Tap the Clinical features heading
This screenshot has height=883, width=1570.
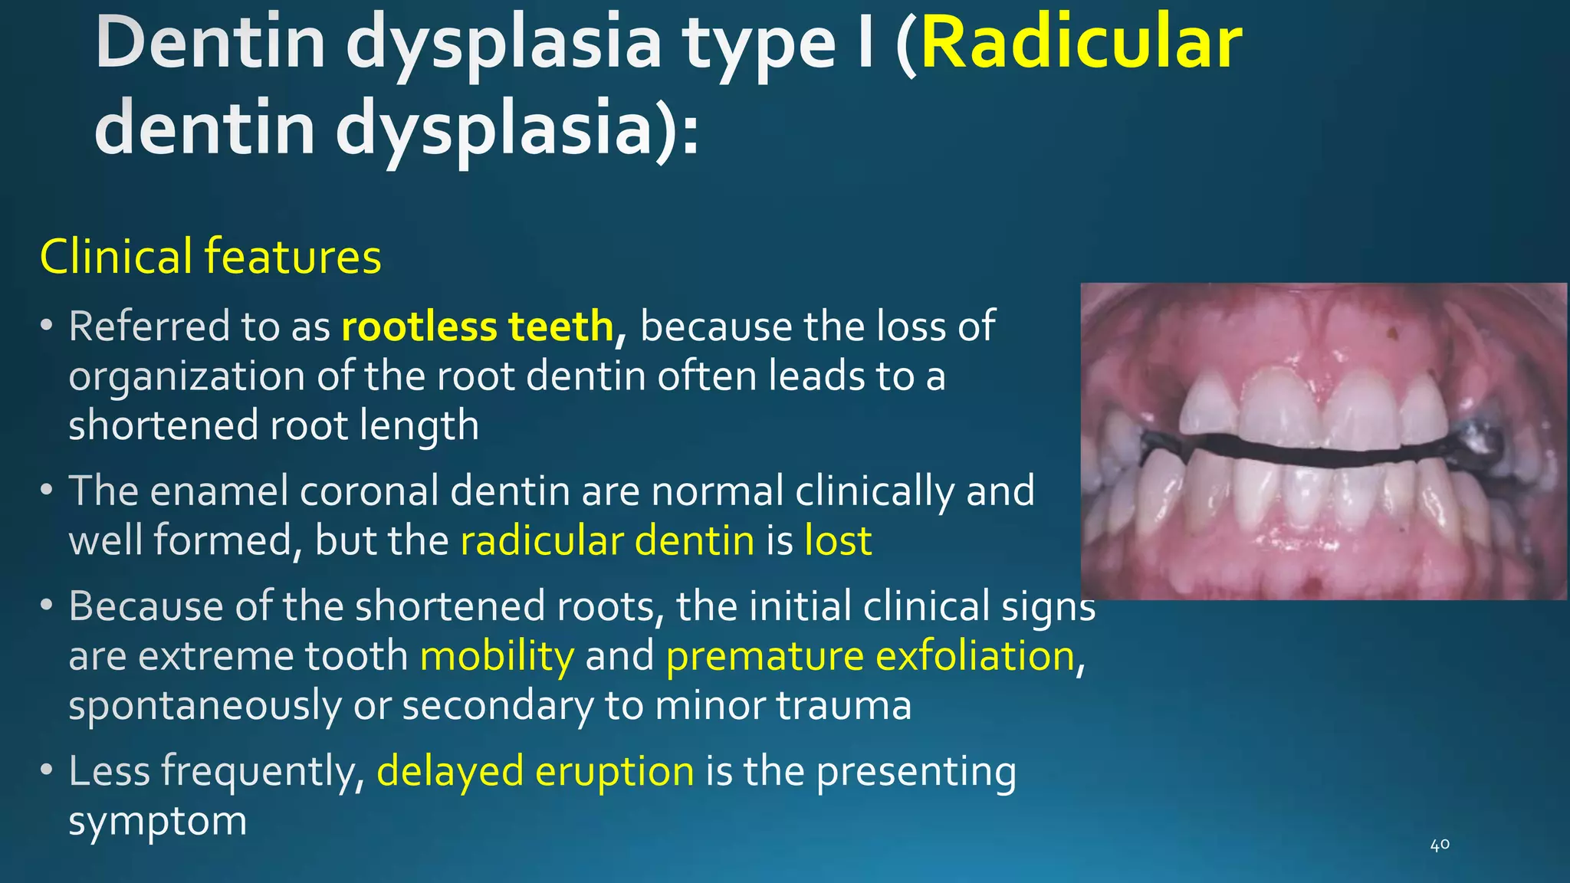coord(210,257)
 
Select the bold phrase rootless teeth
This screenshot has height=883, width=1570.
coord(478,327)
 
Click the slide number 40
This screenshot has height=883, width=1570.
coord(1440,845)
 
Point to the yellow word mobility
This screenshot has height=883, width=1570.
coord(497,657)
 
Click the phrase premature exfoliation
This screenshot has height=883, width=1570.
coord(870,657)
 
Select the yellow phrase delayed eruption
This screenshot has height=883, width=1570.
coord(535,771)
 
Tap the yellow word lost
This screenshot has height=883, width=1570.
coord(838,541)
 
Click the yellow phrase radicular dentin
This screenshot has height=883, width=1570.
coord(607,541)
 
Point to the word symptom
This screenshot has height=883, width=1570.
coord(157,822)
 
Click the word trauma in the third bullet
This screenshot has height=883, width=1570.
coord(843,706)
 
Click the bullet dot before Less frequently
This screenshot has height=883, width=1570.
coord(47,769)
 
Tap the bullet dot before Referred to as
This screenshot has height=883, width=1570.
coord(47,326)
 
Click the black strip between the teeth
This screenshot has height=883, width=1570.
coord(1303,450)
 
